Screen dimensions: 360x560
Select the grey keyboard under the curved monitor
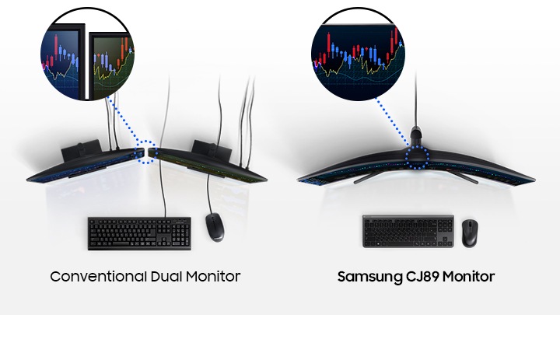408,231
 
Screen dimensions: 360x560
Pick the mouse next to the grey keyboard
470,232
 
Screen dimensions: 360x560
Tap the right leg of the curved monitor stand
464,175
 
